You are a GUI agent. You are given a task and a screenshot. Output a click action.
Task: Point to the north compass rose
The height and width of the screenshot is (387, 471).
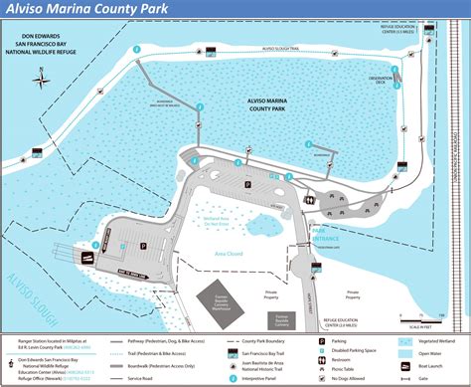pos(43,83)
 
